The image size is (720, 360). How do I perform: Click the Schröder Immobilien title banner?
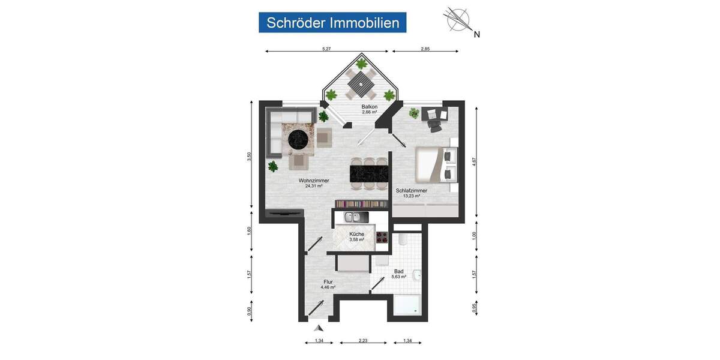333,23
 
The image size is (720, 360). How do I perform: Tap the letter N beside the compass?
477,34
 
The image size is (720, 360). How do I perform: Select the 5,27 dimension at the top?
326,49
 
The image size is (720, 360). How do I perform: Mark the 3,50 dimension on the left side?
249,157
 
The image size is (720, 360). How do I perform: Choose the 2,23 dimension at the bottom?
363,341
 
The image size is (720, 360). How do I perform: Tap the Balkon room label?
369,107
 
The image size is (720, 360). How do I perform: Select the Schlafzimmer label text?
411,190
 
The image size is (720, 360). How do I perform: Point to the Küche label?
357,234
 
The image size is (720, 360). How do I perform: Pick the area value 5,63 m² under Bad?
399,277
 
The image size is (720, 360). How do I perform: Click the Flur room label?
328,281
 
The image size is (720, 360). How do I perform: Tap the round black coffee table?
299,140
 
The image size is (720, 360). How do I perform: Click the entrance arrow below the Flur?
319,328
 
